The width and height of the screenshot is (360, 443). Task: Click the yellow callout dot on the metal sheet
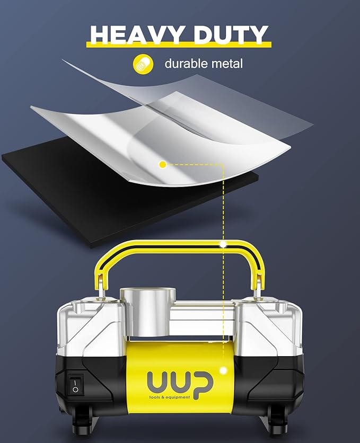(163, 165)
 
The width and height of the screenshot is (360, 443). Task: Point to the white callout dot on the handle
(224, 245)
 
